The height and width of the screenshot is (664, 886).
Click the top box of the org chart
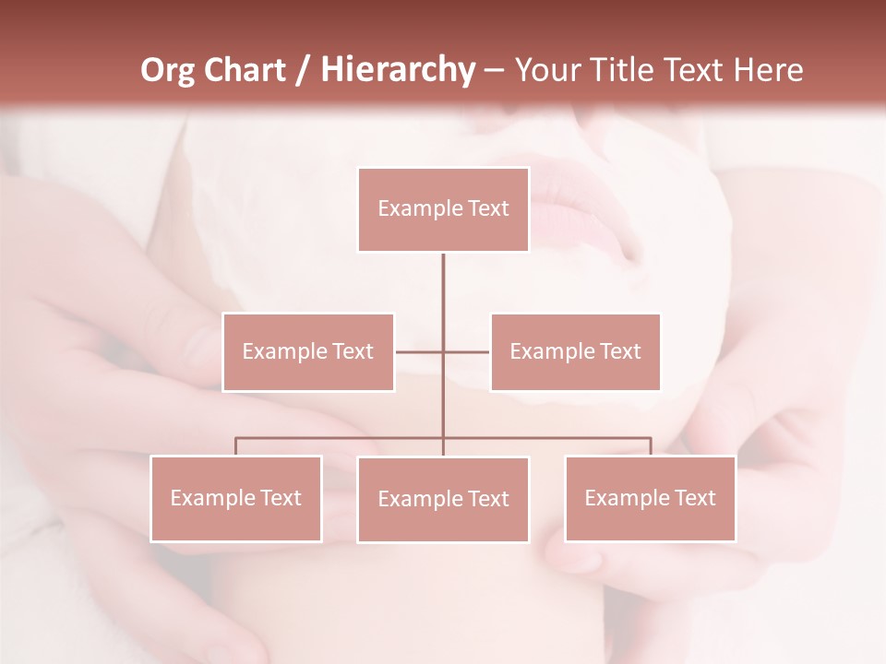pos(443,209)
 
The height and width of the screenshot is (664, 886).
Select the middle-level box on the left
pos(308,352)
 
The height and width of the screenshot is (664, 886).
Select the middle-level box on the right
pos(575,352)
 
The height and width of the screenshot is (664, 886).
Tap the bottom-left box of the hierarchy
pos(236,499)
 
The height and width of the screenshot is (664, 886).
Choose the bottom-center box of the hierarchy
pos(443,500)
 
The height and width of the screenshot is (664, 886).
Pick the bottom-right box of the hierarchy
pos(650,499)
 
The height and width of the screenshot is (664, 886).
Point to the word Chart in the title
pos(245,70)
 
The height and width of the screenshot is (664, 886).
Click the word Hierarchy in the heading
pos(397,70)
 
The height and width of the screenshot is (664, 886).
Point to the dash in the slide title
pos(494,71)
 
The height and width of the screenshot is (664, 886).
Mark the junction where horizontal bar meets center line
pos(443,438)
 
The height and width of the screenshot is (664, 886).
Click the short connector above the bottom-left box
pos(236,446)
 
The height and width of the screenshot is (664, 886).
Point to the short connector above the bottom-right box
pos(650,446)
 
